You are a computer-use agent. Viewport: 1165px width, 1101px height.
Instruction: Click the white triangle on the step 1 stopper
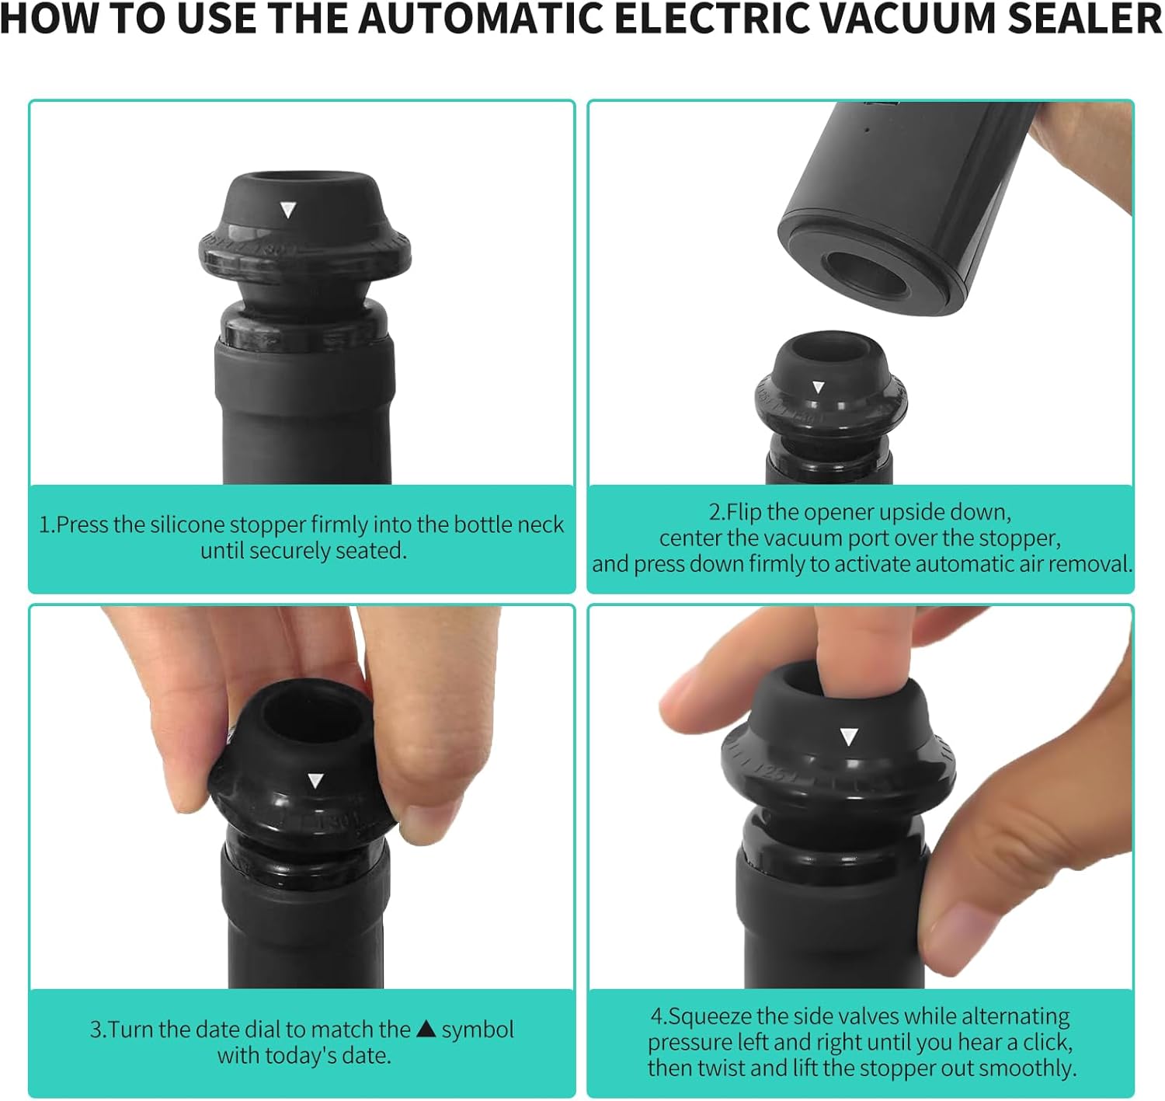coord(288,209)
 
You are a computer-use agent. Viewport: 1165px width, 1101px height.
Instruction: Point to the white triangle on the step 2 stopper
coord(818,386)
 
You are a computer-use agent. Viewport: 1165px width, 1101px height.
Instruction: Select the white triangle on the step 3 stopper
coord(315,781)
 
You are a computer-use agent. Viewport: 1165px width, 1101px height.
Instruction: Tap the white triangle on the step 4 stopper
coord(849,737)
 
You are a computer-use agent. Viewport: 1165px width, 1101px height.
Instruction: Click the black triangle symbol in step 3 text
coord(426,1029)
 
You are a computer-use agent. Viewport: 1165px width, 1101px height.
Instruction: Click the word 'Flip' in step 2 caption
coord(743,512)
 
